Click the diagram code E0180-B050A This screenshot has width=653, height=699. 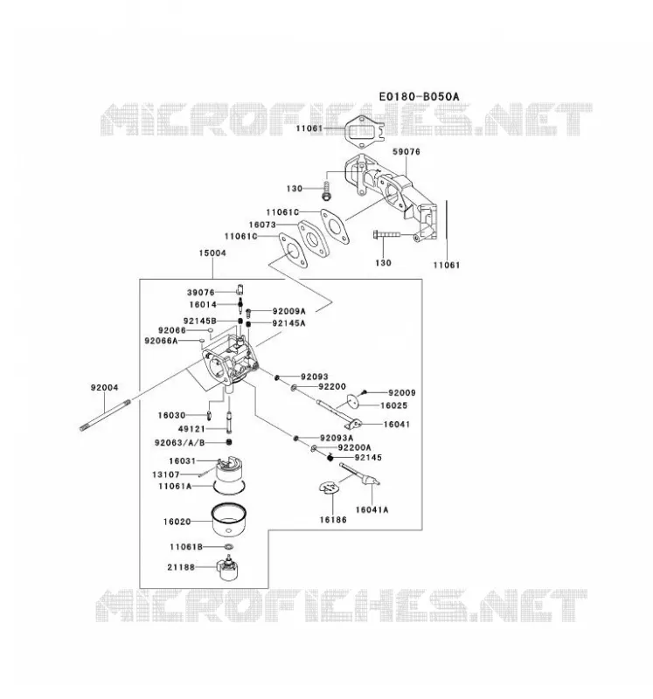click(x=419, y=96)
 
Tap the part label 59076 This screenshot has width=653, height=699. click(x=406, y=151)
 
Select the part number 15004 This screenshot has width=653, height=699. click(x=212, y=253)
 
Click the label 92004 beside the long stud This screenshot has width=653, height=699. click(x=104, y=387)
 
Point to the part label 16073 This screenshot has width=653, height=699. click(x=262, y=225)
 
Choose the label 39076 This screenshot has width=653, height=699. click(x=201, y=293)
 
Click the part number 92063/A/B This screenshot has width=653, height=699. click(x=180, y=443)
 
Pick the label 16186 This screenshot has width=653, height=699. click(x=333, y=519)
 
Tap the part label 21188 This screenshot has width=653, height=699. click(x=181, y=567)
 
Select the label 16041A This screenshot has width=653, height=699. click(x=372, y=509)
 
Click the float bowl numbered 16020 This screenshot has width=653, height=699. click(x=229, y=520)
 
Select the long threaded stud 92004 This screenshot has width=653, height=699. click(x=105, y=414)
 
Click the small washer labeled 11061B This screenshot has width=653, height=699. click(x=228, y=547)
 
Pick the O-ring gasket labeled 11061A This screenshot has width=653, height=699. click(x=229, y=488)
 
